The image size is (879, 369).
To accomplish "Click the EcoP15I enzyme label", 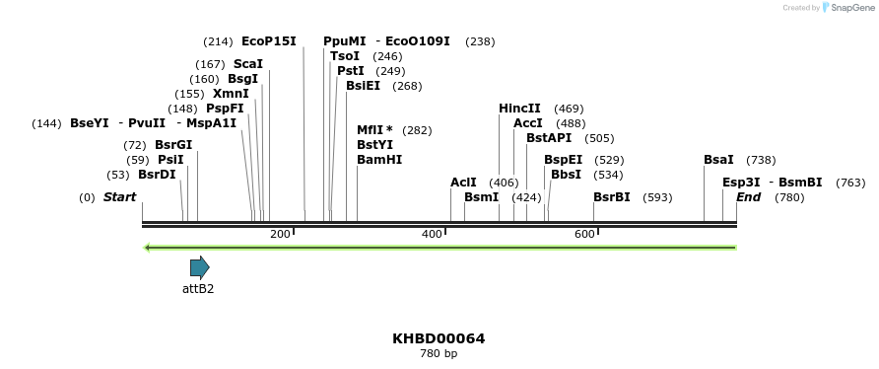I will [x=268, y=41].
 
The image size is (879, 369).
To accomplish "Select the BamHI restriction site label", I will [x=379, y=160].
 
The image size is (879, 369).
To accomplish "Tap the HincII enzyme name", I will [x=519, y=109].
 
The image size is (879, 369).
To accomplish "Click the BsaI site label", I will [x=718, y=160].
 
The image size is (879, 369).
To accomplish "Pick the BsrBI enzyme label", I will [x=611, y=197].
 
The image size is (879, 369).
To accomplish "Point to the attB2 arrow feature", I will [x=200, y=266].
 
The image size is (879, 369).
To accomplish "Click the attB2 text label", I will [x=198, y=289].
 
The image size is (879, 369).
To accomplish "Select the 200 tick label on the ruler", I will [x=280, y=234].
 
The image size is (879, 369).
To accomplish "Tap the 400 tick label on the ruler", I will [x=432, y=234].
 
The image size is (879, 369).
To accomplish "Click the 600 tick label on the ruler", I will [x=584, y=234].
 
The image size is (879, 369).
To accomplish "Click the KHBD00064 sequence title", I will [x=439, y=338].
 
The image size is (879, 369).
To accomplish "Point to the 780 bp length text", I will [x=439, y=353].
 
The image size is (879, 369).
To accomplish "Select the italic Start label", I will [x=119, y=197].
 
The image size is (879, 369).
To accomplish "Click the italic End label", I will [x=748, y=197].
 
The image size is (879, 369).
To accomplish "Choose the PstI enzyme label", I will [x=350, y=71].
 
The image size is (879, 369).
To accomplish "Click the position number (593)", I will [x=657, y=197].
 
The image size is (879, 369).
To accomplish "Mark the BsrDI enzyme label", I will [x=157, y=175].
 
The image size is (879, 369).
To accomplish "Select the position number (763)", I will [x=850, y=183].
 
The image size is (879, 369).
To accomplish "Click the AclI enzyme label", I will [x=463, y=183].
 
